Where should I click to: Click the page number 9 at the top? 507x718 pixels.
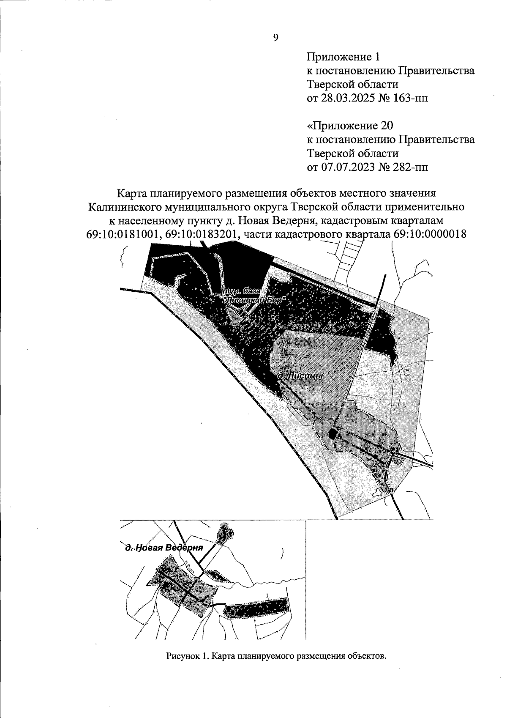pos(275,38)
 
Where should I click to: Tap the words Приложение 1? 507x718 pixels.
pos(343,57)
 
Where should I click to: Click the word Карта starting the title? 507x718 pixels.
pos(131,193)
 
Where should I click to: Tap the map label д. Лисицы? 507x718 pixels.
pos(300,375)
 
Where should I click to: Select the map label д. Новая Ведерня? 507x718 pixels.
pos(164,548)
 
